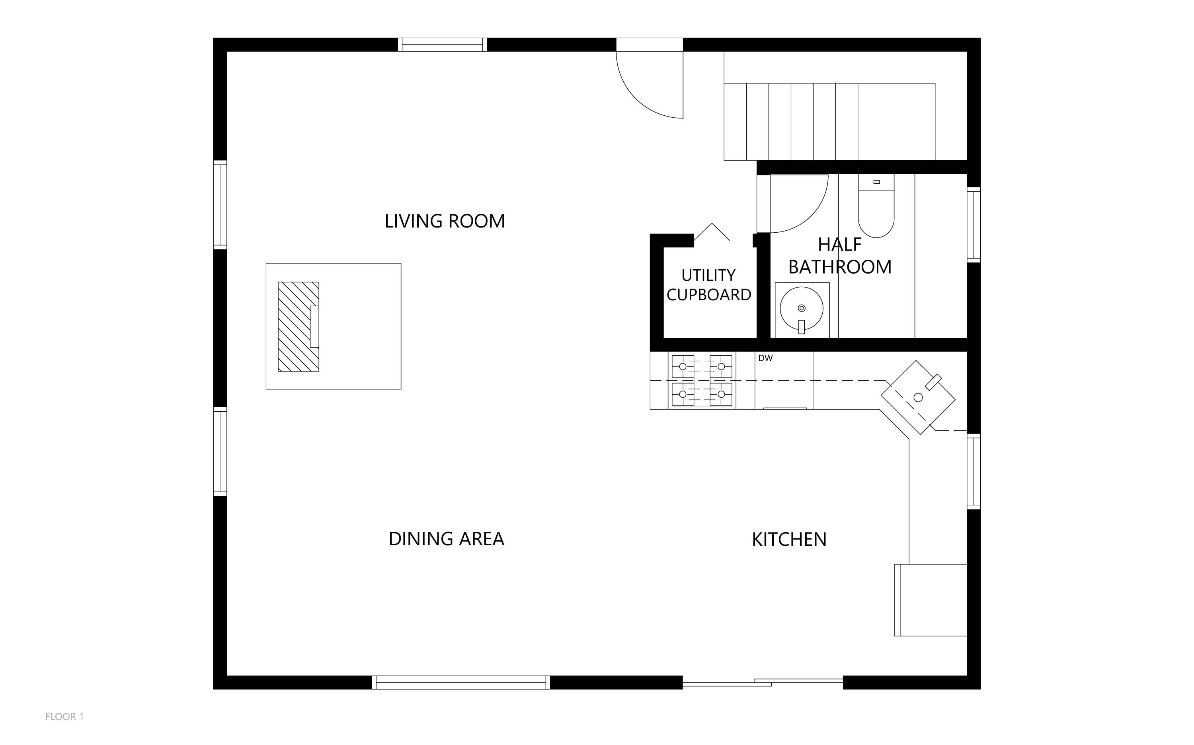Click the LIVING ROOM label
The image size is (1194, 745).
(445, 221)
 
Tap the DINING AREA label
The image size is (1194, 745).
(446, 539)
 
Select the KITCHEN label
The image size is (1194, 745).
(789, 539)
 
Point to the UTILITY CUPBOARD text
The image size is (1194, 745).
(708, 285)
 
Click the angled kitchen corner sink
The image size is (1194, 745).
(918, 397)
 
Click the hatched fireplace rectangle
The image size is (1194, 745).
(298, 327)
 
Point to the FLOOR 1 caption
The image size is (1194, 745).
(64, 716)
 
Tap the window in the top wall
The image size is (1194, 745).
(442, 45)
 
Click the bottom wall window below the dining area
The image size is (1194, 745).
(460, 683)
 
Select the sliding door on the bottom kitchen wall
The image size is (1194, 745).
(763, 683)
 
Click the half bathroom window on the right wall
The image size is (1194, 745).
(974, 225)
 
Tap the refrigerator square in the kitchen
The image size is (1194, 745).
(930, 600)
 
